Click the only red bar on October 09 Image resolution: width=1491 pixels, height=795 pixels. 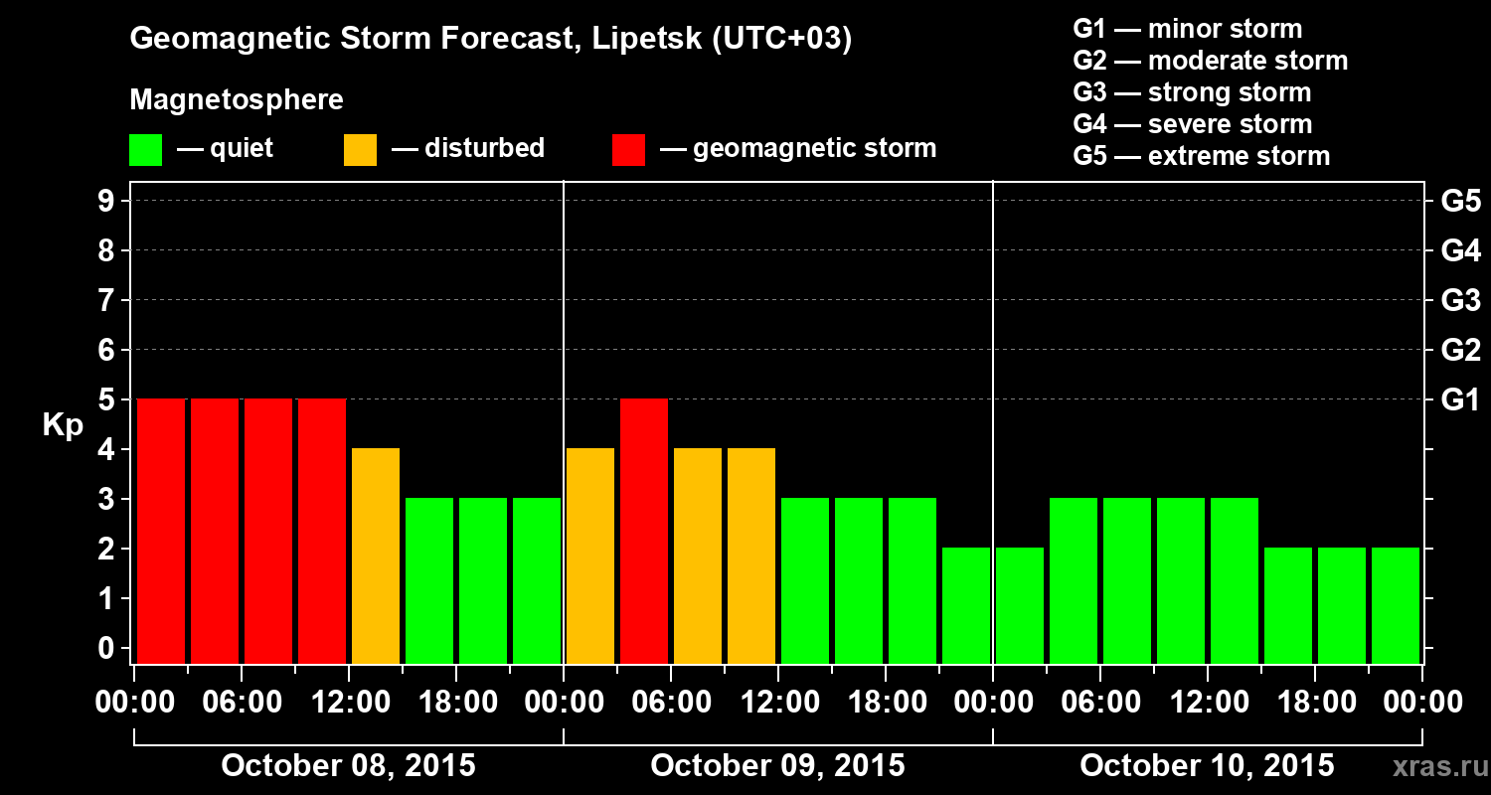(x=643, y=531)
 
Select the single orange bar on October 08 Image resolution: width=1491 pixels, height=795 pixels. (x=376, y=556)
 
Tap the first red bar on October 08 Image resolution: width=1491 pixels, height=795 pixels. (x=160, y=531)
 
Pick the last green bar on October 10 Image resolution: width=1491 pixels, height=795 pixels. (x=1395, y=605)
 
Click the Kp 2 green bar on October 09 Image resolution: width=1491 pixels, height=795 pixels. (x=965, y=605)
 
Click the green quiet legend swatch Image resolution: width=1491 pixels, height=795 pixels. (x=145, y=150)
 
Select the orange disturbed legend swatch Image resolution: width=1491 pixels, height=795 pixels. (x=360, y=150)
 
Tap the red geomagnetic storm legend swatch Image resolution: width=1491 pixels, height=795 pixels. (x=628, y=150)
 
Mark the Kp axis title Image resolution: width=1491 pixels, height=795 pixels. (x=62, y=425)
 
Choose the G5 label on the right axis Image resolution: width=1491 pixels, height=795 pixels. (x=1460, y=202)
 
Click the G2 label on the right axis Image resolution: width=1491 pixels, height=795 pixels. (x=1460, y=351)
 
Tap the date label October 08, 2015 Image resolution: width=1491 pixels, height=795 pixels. (x=348, y=766)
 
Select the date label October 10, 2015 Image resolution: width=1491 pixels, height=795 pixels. (x=1207, y=766)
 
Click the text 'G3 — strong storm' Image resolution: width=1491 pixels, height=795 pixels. (x=1192, y=92)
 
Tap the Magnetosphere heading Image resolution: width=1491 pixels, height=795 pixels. (x=237, y=100)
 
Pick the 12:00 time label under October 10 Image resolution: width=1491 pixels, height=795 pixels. (x=1207, y=703)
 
